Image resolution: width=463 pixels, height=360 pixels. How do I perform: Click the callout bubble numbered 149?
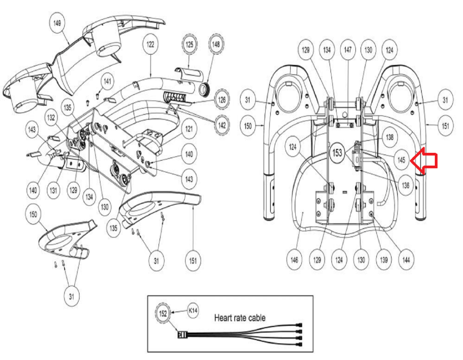click(57, 23)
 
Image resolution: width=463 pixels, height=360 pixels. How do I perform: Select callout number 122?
click(150, 44)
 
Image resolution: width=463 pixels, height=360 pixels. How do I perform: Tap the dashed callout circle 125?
click(189, 44)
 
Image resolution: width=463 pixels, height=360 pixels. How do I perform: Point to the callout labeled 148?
click(216, 44)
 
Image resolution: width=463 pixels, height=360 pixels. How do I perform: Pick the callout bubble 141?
click(107, 81)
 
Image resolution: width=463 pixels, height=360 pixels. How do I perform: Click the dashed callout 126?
click(222, 99)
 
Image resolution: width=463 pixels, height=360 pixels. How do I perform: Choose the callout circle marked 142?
click(222, 125)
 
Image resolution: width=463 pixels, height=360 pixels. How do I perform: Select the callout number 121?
click(189, 129)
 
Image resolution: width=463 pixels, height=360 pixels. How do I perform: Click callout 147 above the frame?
click(347, 50)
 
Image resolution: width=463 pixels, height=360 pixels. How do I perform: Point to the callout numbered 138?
click(390, 137)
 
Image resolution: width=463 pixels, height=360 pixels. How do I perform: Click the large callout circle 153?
click(337, 153)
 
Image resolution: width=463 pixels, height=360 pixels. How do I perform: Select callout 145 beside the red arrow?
click(401, 160)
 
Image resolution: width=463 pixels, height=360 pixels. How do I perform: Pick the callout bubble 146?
click(294, 260)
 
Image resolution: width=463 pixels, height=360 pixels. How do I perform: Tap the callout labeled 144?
click(406, 260)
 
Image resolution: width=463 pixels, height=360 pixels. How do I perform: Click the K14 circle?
click(193, 310)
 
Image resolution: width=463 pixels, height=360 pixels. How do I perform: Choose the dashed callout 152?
click(163, 314)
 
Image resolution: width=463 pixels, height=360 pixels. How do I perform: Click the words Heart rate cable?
click(240, 318)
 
